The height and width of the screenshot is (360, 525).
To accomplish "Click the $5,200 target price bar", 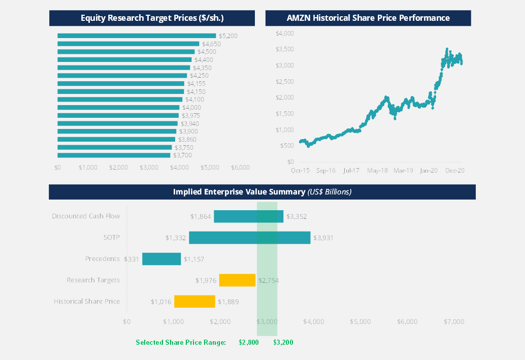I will coord(137,36).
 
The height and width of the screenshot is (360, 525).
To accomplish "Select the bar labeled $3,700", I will coord(114,155).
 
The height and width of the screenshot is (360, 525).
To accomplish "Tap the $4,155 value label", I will coord(196,84).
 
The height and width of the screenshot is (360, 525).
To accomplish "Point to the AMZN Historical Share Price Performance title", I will coord(368,18).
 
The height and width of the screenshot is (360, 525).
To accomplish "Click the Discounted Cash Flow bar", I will coord(248,216).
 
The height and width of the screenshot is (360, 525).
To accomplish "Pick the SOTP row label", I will coord(111,238).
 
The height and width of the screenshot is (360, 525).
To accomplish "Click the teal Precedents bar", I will coord(161,259).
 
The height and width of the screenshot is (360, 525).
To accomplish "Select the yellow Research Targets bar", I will coord(237,280).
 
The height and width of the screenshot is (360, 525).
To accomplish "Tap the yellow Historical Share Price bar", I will coord(194,302).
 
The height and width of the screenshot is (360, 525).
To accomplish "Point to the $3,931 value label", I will coord(323,238).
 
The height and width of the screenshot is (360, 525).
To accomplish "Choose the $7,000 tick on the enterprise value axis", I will coord(453,321).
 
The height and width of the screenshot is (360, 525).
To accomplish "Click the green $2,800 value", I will coord(249,342).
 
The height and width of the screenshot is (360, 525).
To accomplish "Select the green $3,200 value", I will coord(283,342).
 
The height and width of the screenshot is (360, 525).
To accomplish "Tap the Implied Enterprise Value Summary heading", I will coord(262,192).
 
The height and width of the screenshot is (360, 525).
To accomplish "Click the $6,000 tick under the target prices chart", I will coord(240,167).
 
